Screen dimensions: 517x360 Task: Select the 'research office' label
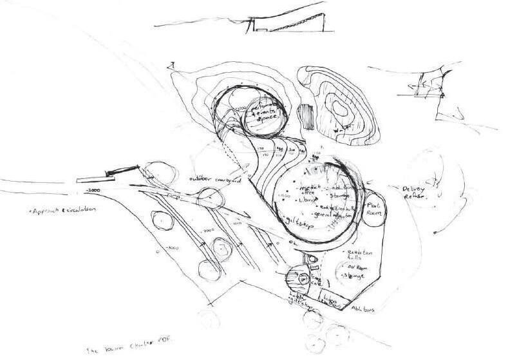pyautogui.click(x=304, y=187)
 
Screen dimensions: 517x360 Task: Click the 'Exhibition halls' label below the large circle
pyautogui.click(x=353, y=253)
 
